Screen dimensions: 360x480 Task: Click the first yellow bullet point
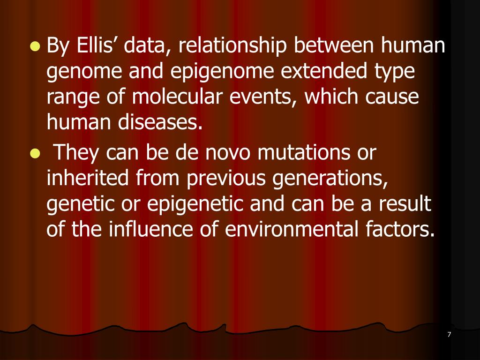[34, 46]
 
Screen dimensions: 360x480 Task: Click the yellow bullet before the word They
[34, 153]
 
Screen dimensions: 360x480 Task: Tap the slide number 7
[449, 334]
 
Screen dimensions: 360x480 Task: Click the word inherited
[89, 179]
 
